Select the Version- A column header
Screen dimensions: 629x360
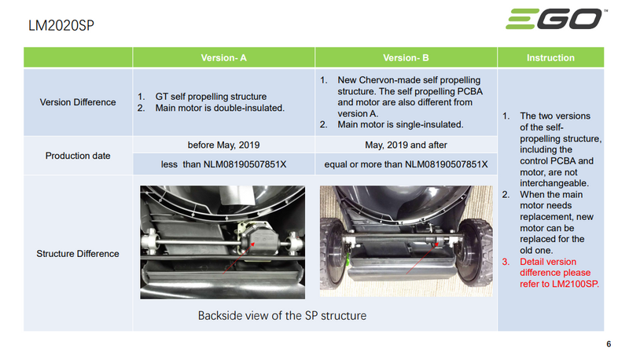click(223, 57)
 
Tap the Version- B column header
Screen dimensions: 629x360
click(406, 57)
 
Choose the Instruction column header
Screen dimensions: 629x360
click(550, 57)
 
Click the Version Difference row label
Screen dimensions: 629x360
click(78, 102)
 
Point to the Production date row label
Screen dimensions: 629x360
click(78, 155)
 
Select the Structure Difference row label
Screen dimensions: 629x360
click(78, 253)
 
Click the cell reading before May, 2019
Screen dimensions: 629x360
click(223, 145)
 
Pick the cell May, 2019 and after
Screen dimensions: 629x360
click(406, 145)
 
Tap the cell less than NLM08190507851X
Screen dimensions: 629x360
click(223, 164)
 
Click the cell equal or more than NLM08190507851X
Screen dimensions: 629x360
click(406, 164)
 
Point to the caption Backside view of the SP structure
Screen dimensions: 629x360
click(282, 316)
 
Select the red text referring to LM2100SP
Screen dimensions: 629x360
click(561, 272)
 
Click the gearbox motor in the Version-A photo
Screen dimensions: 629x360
click(257, 235)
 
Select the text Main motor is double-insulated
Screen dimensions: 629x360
click(216, 107)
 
